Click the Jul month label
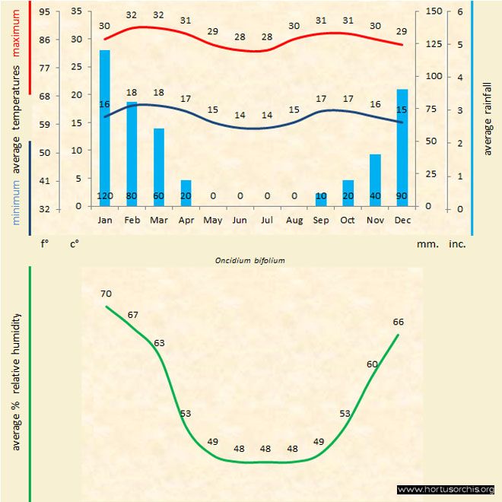(267, 219)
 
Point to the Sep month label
(321, 219)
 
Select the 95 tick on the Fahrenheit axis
(45, 12)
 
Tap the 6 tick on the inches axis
(459, 11)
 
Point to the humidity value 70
(105, 293)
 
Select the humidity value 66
(398, 322)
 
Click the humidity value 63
(159, 343)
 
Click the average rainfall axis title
(488, 117)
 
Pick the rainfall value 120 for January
(105, 196)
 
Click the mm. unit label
(425, 244)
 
